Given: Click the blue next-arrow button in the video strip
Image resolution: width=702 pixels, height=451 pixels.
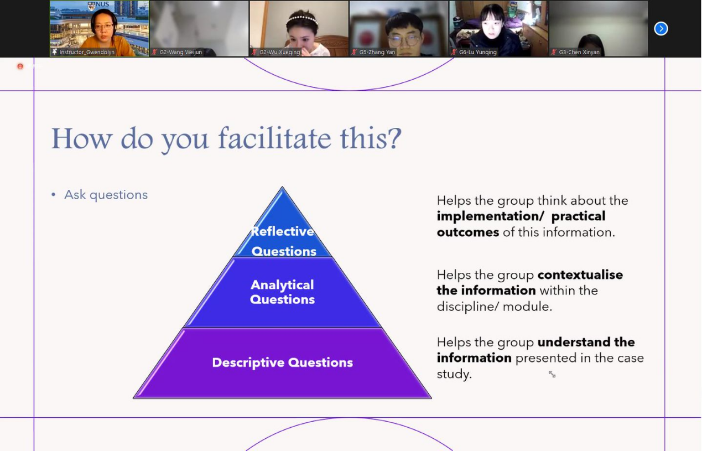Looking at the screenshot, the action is [x=661, y=29].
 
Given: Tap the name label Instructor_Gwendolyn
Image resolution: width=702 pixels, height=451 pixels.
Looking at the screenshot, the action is [x=87, y=52].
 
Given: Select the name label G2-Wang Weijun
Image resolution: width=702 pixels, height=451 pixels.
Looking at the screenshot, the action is [x=180, y=52].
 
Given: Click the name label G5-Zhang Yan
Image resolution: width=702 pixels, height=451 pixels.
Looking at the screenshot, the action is [x=377, y=52].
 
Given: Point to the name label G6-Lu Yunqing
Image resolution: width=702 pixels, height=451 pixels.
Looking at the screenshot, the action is [x=477, y=52].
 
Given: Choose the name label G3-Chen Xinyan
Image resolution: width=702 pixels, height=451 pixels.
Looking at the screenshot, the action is [x=579, y=52].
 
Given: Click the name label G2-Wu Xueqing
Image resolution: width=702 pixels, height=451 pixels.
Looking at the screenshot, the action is [x=279, y=52].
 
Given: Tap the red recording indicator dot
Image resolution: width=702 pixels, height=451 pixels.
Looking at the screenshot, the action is [x=20, y=66].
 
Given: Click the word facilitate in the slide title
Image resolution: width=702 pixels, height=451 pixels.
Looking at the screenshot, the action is [x=274, y=138].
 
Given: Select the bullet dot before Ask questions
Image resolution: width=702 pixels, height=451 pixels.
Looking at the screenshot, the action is [x=53, y=195].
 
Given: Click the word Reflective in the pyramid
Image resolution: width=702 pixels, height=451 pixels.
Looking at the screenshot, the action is [x=282, y=231].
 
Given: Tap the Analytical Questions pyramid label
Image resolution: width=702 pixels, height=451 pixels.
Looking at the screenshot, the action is [x=282, y=292].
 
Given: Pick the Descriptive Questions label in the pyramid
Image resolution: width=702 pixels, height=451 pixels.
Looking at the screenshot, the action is [x=282, y=362].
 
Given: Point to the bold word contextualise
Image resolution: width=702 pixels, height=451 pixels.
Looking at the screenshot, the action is [x=580, y=274].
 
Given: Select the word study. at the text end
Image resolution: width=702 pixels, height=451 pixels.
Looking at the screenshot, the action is [x=454, y=374].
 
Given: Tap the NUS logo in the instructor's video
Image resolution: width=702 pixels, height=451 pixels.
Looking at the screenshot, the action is [x=98, y=5].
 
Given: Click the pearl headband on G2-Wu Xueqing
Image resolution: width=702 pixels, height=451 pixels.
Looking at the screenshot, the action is [x=302, y=19].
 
